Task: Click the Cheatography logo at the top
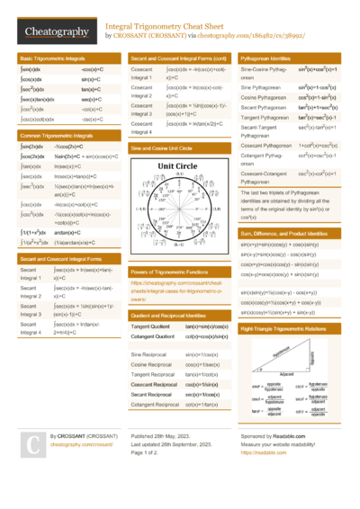(x=53, y=31)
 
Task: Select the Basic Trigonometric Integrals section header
(x=54, y=58)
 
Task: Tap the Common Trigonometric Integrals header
(x=58, y=134)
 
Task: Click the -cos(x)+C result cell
(x=93, y=68)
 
